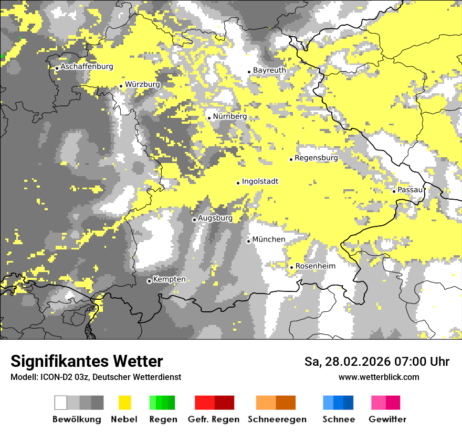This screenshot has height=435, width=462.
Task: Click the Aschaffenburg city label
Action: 87,67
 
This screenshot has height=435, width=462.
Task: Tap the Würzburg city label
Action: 142,84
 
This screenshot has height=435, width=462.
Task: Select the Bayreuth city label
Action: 269,70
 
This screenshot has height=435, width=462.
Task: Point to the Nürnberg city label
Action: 229,116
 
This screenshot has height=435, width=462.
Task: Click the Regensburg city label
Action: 316,157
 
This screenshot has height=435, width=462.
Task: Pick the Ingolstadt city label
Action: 260,181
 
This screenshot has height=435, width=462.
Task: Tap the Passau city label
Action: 410,189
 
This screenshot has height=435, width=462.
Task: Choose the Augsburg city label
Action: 215,218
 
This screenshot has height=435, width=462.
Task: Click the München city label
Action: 269,240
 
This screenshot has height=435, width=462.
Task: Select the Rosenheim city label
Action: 315,266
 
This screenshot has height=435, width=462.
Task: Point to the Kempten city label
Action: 169,279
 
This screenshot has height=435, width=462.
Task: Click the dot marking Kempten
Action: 149,281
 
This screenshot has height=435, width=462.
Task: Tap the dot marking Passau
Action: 394,191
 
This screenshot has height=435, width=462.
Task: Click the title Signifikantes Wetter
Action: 87,361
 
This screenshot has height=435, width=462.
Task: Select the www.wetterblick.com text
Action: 379,377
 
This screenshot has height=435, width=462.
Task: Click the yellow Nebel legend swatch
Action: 124,403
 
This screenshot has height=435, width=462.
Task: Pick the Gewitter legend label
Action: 387,419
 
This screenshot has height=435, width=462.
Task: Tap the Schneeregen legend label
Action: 277,419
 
